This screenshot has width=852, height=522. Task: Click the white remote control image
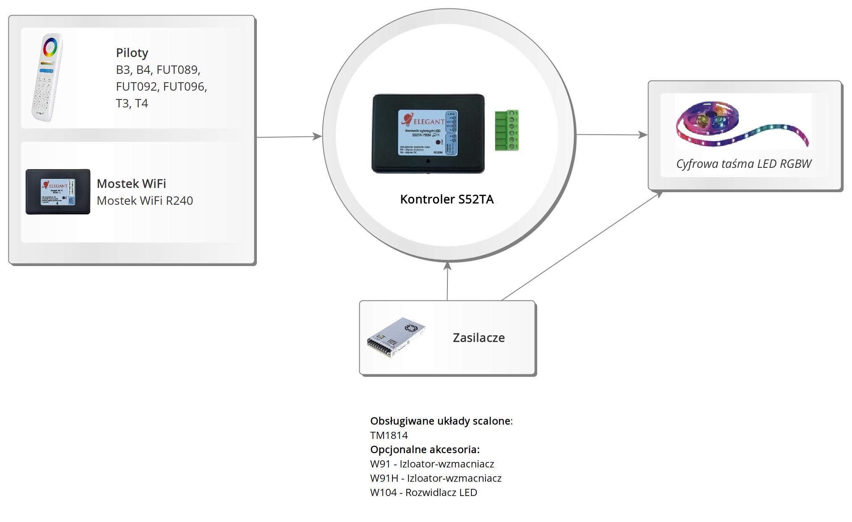[x=47, y=78]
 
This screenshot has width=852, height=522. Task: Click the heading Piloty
[x=132, y=53]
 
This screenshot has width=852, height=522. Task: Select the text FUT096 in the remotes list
[x=185, y=86]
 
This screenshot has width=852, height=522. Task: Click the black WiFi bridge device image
[x=58, y=192]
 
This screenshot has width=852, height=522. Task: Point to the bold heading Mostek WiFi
[x=131, y=184]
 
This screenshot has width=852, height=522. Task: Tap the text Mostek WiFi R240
[x=145, y=201]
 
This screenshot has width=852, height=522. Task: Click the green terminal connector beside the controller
[x=507, y=130]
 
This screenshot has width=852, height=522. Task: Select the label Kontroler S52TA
[x=447, y=199]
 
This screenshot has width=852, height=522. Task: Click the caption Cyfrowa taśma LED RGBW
[x=744, y=164]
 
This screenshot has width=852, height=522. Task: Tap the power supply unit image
[x=395, y=337]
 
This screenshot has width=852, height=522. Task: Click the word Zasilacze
[x=478, y=338]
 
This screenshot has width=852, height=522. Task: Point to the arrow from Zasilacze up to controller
[x=447, y=281]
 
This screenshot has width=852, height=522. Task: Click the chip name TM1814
[x=389, y=436]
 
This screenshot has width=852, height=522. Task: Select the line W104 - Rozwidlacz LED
[x=423, y=493]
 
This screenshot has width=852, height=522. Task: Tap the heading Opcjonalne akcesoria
[x=425, y=450]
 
